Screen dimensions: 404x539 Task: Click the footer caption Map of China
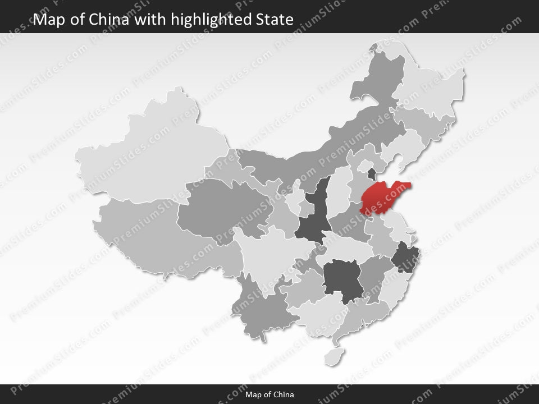click(x=269, y=394)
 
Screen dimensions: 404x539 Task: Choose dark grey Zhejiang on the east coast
click(x=403, y=258)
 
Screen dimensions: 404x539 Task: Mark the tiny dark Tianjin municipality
click(x=372, y=172)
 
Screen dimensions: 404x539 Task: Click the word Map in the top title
click(x=48, y=20)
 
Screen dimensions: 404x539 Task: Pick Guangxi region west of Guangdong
click(x=314, y=314)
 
